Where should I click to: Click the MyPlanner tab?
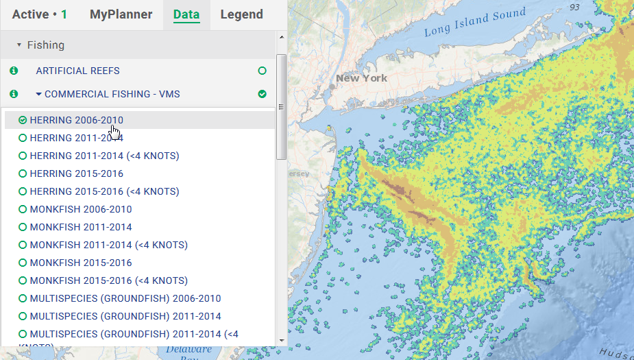pyautogui.click(x=121, y=14)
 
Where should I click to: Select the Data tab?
pyautogui.click(x=186, y=14)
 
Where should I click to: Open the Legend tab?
pyautogui.click(x=241, y=14)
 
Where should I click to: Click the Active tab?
pyautogui.click(x=39, y=14)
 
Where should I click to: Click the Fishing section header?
pyautogui.click(x=45, y=45)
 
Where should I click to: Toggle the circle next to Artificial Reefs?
pyautogui.click(x=262, y=71)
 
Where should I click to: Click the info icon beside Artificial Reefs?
pyautogui.click(x=14, y=71)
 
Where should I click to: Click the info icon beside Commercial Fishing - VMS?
pyautogui.click(x=14, y=94)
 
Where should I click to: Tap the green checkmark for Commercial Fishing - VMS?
pyautogui.click(x=262, y=94)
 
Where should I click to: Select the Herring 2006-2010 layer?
pyautogui.click(x=76, y=120)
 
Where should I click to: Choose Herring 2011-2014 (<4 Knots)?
pyautogui.click(x=104, y=156)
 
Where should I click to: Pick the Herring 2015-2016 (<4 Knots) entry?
pyautogui.click(x=104, y=191)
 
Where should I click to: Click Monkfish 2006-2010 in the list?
pyautogui.click(x=81, y=209)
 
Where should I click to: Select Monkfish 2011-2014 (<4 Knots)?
pyautogui.click(x=108, y=245)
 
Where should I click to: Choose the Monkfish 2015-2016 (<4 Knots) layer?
pyautogui.click(x=108, y=280)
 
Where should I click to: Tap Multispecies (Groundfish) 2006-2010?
pyautogui.click(x=125, y=298)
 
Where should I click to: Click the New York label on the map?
pyautogui.click(x=361, y=78)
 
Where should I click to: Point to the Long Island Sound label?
pyautogui.click(x=475, y=23)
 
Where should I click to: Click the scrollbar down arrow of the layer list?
pyautogui.click(x=281, y=340)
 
